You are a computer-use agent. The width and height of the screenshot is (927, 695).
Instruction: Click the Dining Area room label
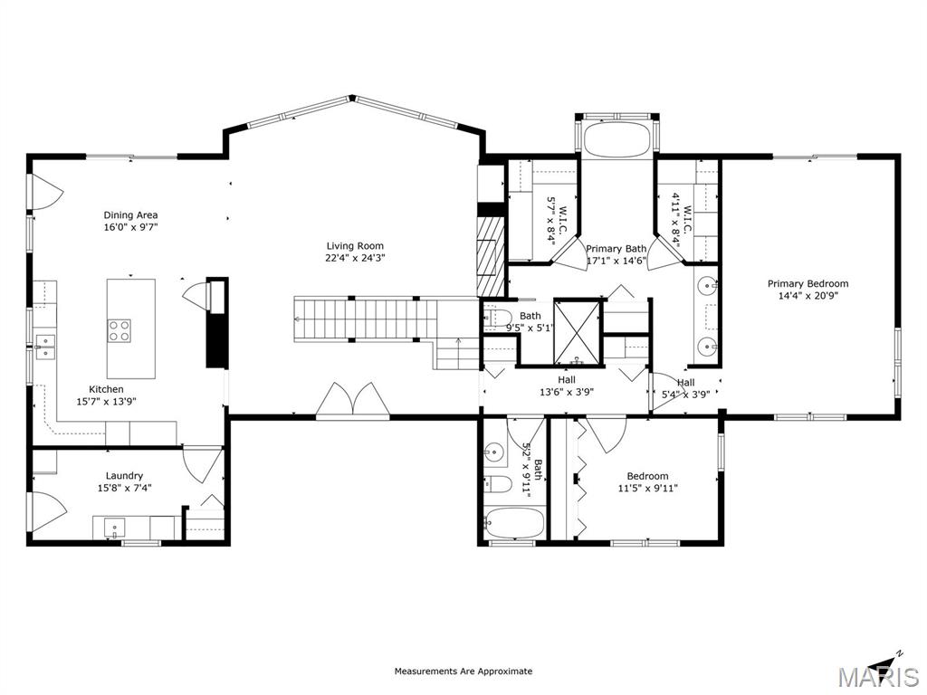pos(130,215)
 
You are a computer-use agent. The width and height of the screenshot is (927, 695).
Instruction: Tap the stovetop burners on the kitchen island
pos(119,330)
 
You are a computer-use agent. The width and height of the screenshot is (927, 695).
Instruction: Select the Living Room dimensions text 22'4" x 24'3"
pos(355,258)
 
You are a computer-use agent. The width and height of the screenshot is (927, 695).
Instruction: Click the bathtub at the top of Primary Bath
pos(616,139)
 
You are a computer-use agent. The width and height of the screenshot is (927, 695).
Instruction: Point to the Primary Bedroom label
pos(808,283)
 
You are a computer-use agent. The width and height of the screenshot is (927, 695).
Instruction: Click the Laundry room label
pos(124,476)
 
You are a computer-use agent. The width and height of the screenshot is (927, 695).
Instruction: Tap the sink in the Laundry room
pos(113,527)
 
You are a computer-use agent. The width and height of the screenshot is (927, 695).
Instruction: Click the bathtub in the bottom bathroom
pos(513,524)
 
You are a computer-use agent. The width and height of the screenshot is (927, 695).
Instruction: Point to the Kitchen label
pos(106,389)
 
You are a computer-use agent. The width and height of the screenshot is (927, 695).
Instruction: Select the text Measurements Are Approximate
pos(463,671)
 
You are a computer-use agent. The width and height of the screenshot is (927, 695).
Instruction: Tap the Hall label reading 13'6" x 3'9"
pos(567,386)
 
